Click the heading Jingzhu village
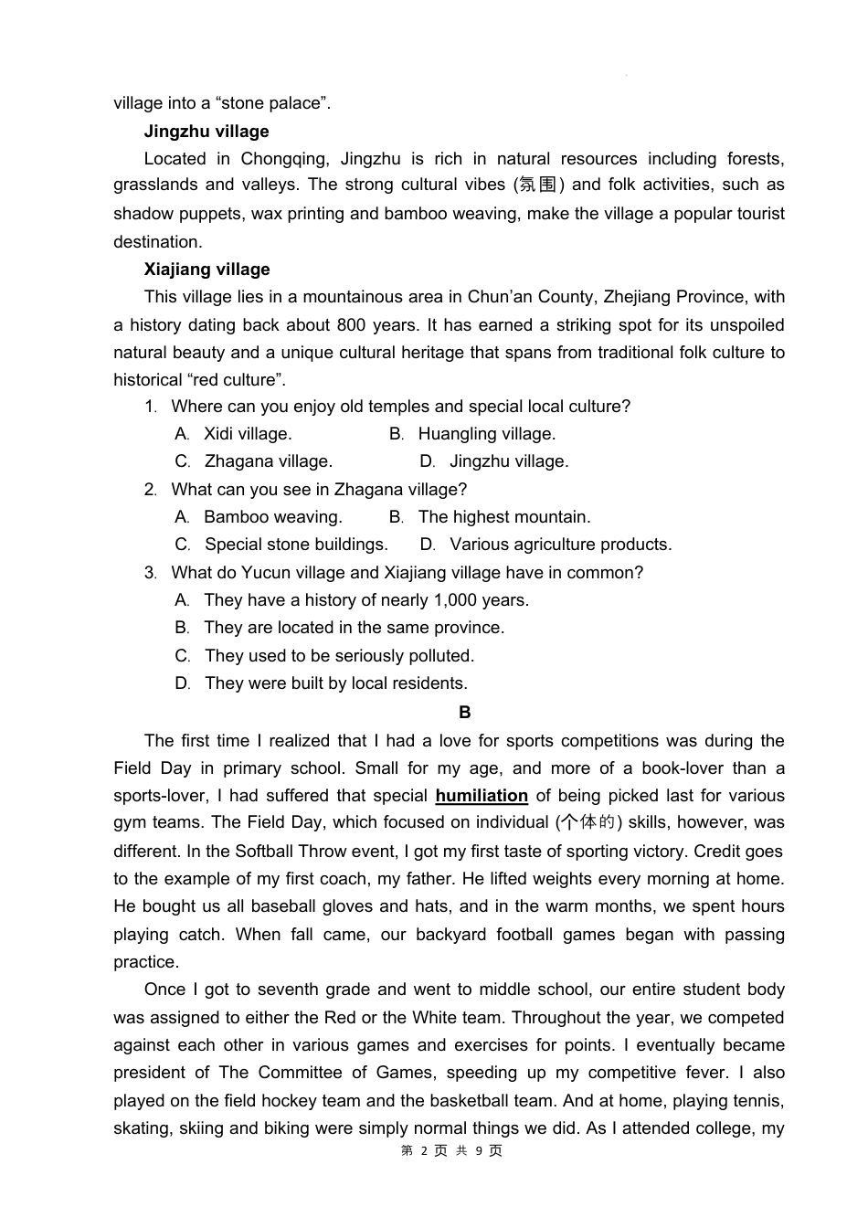206,132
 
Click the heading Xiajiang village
206,270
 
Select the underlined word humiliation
482,796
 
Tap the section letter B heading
464,713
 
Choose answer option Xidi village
247,434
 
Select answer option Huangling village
486,434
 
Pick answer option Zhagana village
268,461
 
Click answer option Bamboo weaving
272,517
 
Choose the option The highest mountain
503,517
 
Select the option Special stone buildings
296,545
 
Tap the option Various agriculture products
560,545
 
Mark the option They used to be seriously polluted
339,656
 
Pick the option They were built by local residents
335,683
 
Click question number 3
150,573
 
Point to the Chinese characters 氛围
538,185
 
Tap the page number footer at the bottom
451,1151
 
